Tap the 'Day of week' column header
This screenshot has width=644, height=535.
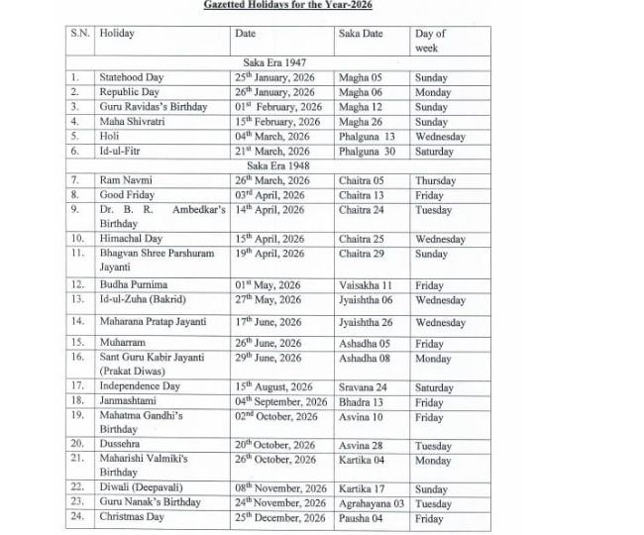[x=430, y=41]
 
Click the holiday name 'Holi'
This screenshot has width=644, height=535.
[x=109, y=137]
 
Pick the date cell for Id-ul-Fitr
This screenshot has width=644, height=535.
[x=271, y=152]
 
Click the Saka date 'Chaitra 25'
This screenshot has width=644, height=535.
[x=361, y=239]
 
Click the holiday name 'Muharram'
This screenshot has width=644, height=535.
[x=122, y=344]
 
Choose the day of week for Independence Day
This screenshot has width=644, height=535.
[x=434, y=387]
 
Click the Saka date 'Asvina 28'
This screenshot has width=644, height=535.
[x=360, y=446]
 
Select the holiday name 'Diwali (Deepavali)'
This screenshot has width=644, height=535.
[x=142, y=488]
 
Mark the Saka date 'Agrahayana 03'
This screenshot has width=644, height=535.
[x=372, y=503]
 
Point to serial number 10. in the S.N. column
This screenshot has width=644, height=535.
[x=77, y=239]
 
